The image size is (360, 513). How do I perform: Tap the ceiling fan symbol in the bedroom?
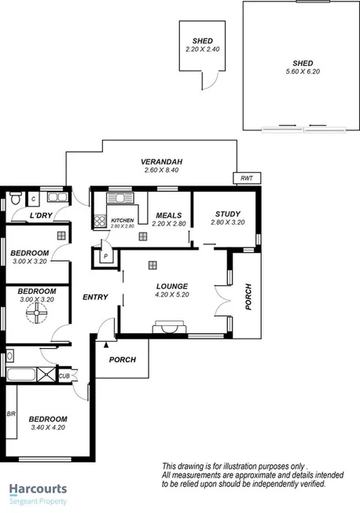[35, 314]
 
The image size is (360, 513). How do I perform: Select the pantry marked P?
[105, 255]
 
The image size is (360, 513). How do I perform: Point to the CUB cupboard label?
[64, 376]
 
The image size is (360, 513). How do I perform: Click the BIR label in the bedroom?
[10, 413]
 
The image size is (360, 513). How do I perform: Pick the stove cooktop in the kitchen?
[100, 222]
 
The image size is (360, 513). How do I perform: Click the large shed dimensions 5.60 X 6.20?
[302, 71]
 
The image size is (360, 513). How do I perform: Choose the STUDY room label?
[227, 214]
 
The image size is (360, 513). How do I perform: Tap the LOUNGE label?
[171, 286]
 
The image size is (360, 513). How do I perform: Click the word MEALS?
[169, 215]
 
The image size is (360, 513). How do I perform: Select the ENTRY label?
[94, 296]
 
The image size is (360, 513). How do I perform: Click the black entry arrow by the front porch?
[106, 343]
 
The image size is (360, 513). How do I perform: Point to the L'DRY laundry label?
[41, 215]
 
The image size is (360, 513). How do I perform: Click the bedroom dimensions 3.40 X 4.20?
[49, 429]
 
